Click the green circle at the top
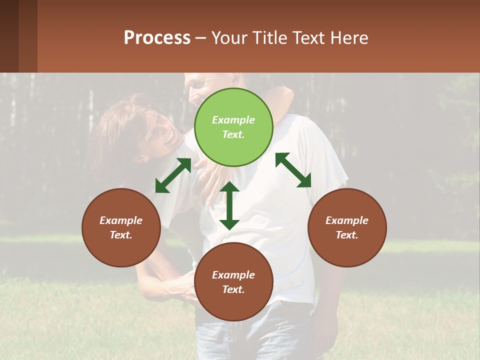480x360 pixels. click(233, 127)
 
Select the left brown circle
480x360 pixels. click(121, 227)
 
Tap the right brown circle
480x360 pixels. click(347, 227)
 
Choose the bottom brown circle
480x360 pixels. click(233, 282)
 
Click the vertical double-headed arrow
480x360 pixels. click(229, 205)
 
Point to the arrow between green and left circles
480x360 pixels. click(173, 175)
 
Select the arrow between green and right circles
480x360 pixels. click(293, 170)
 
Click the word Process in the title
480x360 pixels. click(157, 37)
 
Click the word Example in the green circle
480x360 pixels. click(233, 120)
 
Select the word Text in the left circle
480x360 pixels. click(120, 235)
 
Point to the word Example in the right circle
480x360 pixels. click(347, 220)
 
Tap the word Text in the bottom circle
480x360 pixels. click(232, 289)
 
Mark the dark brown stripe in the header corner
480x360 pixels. click(9, 36)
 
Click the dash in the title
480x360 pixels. click(201, 38)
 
